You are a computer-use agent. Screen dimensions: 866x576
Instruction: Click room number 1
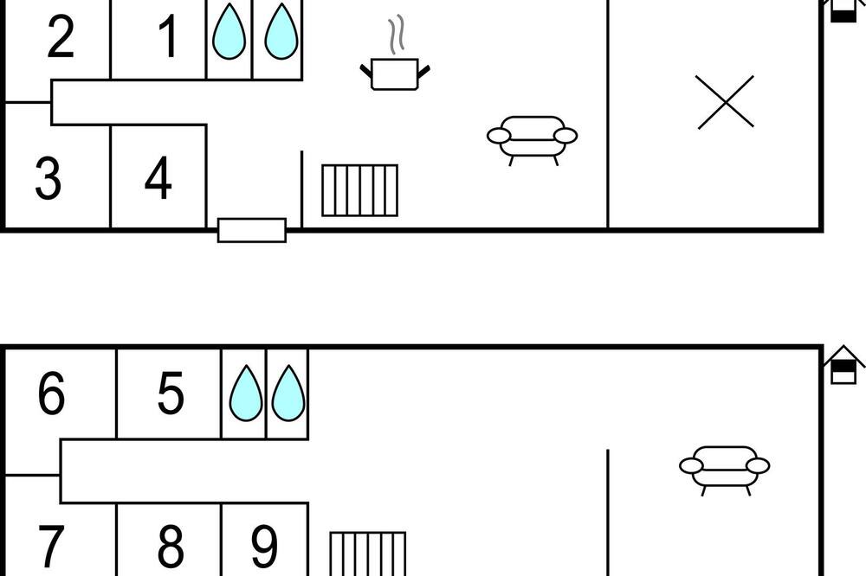point(168,36)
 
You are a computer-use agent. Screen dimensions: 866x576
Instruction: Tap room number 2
point(61,36)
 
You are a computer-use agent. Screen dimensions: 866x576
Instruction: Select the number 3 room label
point(48,177)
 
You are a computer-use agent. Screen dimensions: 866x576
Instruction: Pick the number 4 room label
point(158,177)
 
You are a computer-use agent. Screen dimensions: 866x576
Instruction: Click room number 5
point(170,393)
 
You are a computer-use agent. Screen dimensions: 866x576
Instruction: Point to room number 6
point(51,393)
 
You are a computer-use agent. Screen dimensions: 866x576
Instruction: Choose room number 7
point(50,546)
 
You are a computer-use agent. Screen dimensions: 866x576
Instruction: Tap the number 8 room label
point(170,546)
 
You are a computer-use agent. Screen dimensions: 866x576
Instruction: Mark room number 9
point(264,546)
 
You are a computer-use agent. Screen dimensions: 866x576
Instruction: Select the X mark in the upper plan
point(725,102)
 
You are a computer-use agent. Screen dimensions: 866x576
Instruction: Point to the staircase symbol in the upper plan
point(359,190)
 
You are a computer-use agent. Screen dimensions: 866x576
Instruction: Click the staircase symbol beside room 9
point(368,554)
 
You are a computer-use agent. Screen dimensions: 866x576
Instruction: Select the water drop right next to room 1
point(229,31)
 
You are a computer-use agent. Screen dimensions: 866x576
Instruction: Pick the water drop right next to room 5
point(246,393)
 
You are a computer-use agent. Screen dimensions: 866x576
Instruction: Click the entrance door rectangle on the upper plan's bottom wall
point(252,230)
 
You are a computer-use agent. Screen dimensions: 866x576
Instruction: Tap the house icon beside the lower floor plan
point(843,365)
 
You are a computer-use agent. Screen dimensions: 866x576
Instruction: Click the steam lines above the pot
point(396,35)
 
